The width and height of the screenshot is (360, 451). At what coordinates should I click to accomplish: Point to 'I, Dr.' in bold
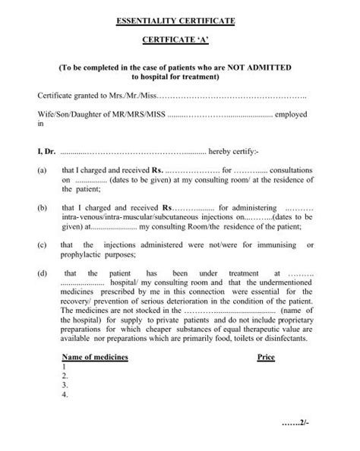coord(46,151)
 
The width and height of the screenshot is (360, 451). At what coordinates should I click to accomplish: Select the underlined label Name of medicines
coord(94,356)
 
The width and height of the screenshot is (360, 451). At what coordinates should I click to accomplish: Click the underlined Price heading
coord(265,356)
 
